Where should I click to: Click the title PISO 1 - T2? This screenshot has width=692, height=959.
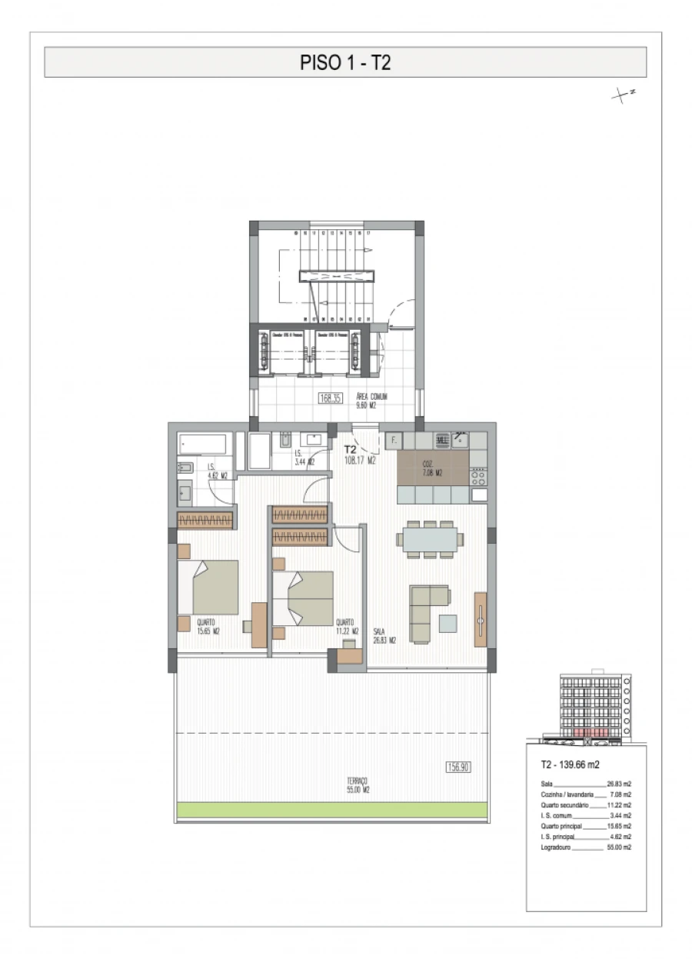(345, 62)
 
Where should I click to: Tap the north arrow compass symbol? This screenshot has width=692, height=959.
(622, 96)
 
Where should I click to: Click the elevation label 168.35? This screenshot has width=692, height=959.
(330, 398)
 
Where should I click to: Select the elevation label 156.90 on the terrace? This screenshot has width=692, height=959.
(458, 767)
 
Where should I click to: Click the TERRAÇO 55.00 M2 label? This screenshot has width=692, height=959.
(358, 784)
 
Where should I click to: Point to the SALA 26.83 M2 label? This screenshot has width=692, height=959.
(384, 634)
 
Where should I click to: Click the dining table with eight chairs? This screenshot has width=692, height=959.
(431, 538)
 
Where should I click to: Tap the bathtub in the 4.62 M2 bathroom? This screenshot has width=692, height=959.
(204, 444)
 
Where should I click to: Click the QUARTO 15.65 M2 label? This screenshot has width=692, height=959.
(208, 627)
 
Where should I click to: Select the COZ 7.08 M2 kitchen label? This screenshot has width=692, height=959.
(432, 468)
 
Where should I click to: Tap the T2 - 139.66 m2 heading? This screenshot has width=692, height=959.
(570, 765)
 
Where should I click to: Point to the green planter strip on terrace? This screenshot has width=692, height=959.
(331, 809)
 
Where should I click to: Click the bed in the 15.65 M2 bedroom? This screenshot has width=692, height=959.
(209, 587)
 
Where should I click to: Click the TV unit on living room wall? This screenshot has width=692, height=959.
(481, 619)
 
